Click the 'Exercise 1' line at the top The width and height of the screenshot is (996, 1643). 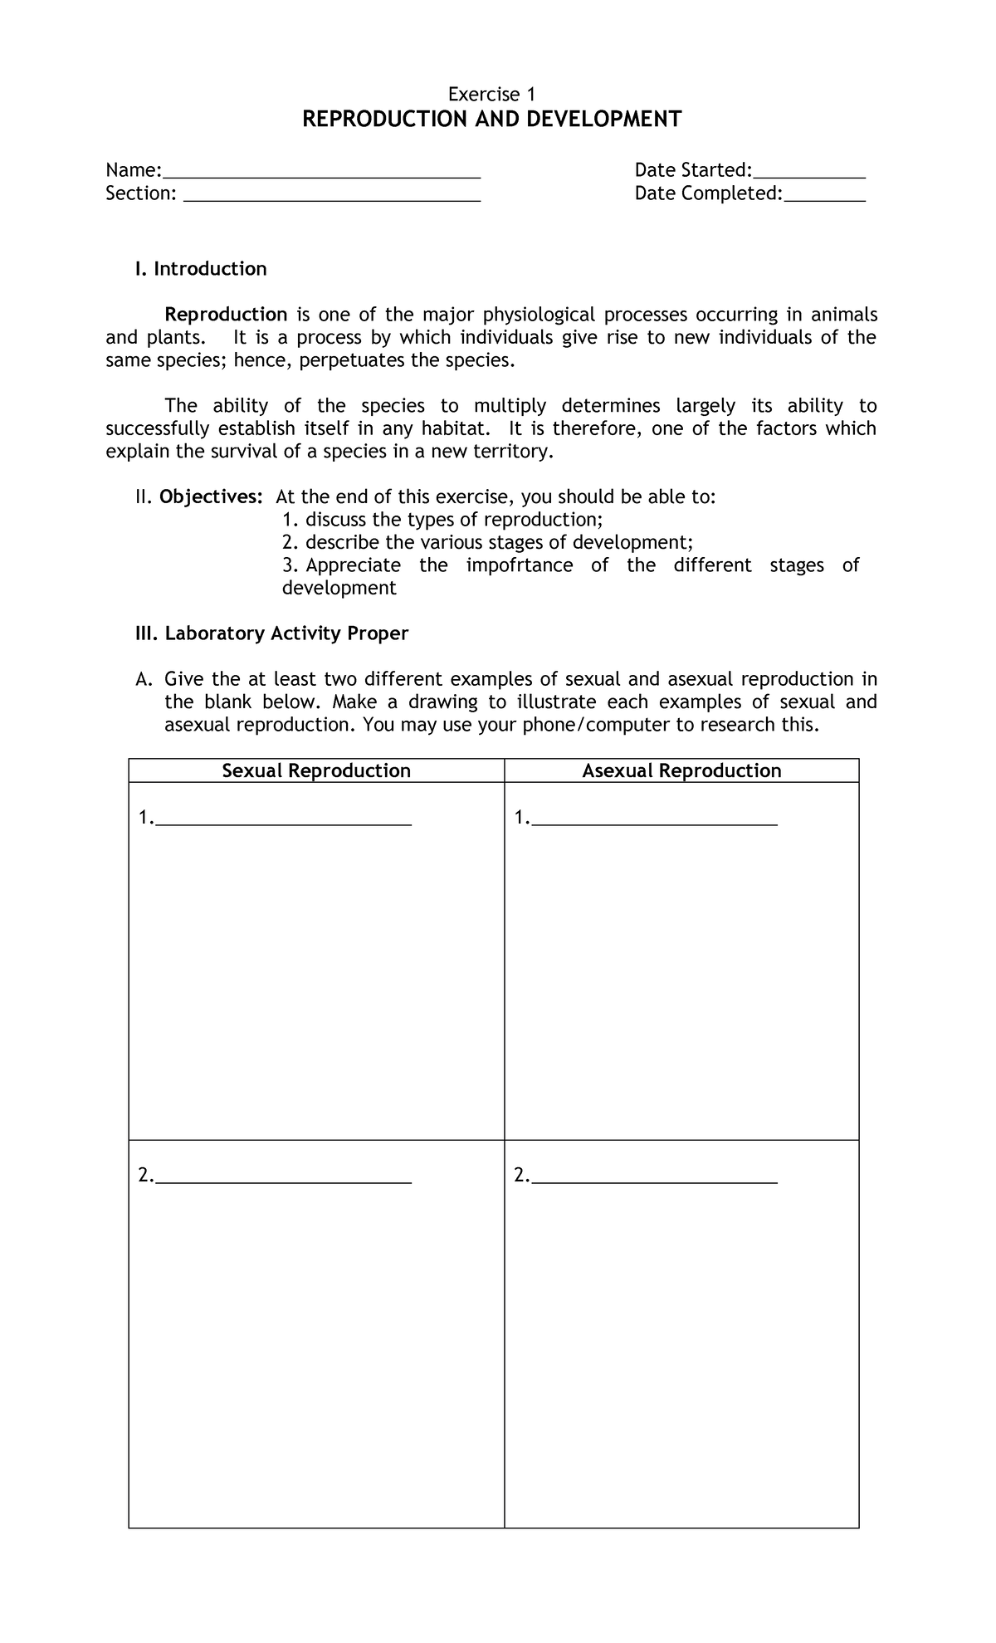[491, 95]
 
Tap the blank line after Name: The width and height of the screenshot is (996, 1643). [322, 173]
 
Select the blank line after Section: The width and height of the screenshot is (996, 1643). [331, 196]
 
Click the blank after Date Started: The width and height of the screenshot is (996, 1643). [808, 173]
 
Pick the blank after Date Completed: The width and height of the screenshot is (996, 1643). [824, 196]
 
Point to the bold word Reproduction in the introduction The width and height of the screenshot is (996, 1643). [226, 315]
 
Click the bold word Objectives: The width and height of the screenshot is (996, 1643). [212, 497]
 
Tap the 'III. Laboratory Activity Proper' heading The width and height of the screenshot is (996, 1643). [271, 633]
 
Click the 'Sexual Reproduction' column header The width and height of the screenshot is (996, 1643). [316, 770]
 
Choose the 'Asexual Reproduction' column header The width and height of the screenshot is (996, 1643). [681, 770]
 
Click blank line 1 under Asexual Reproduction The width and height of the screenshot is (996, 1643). [654, 820]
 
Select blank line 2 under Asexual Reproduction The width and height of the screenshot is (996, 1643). [654, 1177]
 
